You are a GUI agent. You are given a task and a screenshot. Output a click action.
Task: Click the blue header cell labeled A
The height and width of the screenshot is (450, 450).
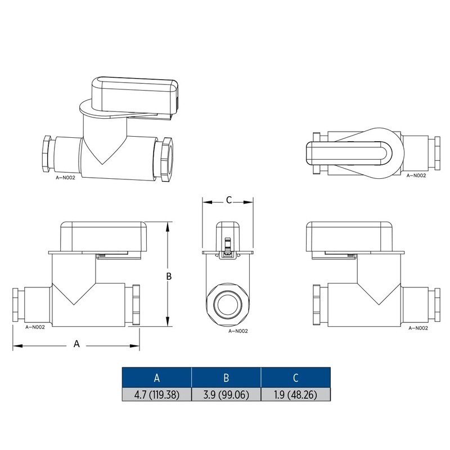[157, 377]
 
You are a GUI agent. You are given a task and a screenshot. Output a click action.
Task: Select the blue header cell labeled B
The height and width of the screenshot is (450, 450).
[226, 377]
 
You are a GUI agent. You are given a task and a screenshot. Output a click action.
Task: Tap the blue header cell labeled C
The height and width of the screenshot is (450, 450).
[296, 377]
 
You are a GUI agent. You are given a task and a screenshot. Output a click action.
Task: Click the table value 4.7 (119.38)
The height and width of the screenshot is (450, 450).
[157, 395]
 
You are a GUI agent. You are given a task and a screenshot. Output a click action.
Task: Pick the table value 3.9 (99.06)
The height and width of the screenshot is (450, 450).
[226, 395]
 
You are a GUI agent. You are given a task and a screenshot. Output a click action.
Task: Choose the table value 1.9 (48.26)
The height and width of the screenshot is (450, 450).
[296, 395]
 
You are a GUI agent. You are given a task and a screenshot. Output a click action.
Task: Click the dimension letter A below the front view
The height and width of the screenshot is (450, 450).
[76, 344]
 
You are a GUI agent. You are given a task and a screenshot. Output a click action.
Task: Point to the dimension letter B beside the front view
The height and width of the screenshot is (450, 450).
[169, 276]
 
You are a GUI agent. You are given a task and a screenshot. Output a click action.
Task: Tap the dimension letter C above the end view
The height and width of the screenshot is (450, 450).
[229, 200]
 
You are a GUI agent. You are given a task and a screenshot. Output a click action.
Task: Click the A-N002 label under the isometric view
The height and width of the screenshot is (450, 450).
[65, 178]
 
